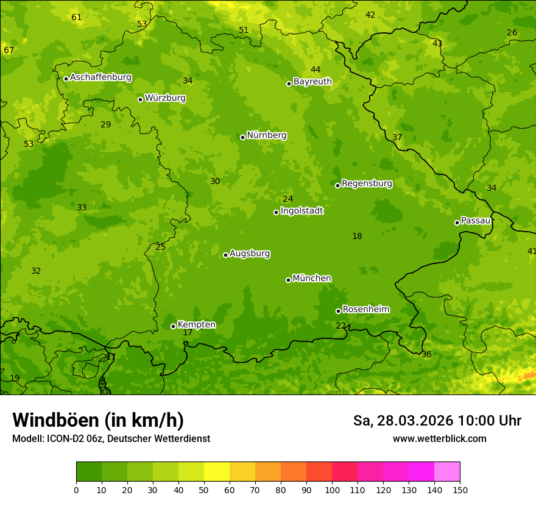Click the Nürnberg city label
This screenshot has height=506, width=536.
[266, 135]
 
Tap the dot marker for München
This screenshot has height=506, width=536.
[288, 280]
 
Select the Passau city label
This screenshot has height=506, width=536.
[475, 221]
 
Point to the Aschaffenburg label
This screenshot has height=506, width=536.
[100, 77]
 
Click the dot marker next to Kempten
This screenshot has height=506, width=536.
[173, 326]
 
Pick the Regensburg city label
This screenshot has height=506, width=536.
[367, 184]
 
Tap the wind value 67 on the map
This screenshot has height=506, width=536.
[9, 50]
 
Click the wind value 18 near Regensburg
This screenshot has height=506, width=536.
[357, 236]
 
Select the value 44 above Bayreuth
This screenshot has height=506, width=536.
[316, 69]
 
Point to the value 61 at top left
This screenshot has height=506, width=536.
[76, 17]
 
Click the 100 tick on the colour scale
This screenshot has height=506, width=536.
[332, 489]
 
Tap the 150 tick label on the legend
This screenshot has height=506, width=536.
[460, 489]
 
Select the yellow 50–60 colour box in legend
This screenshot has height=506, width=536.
[217, 471]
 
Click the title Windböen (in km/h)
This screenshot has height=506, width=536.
[97, 420]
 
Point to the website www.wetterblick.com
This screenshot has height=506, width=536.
[439, 438]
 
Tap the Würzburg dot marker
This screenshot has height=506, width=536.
[140, 99]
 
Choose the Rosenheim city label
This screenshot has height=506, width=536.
[365, 309]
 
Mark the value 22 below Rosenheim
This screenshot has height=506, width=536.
[340, 326]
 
